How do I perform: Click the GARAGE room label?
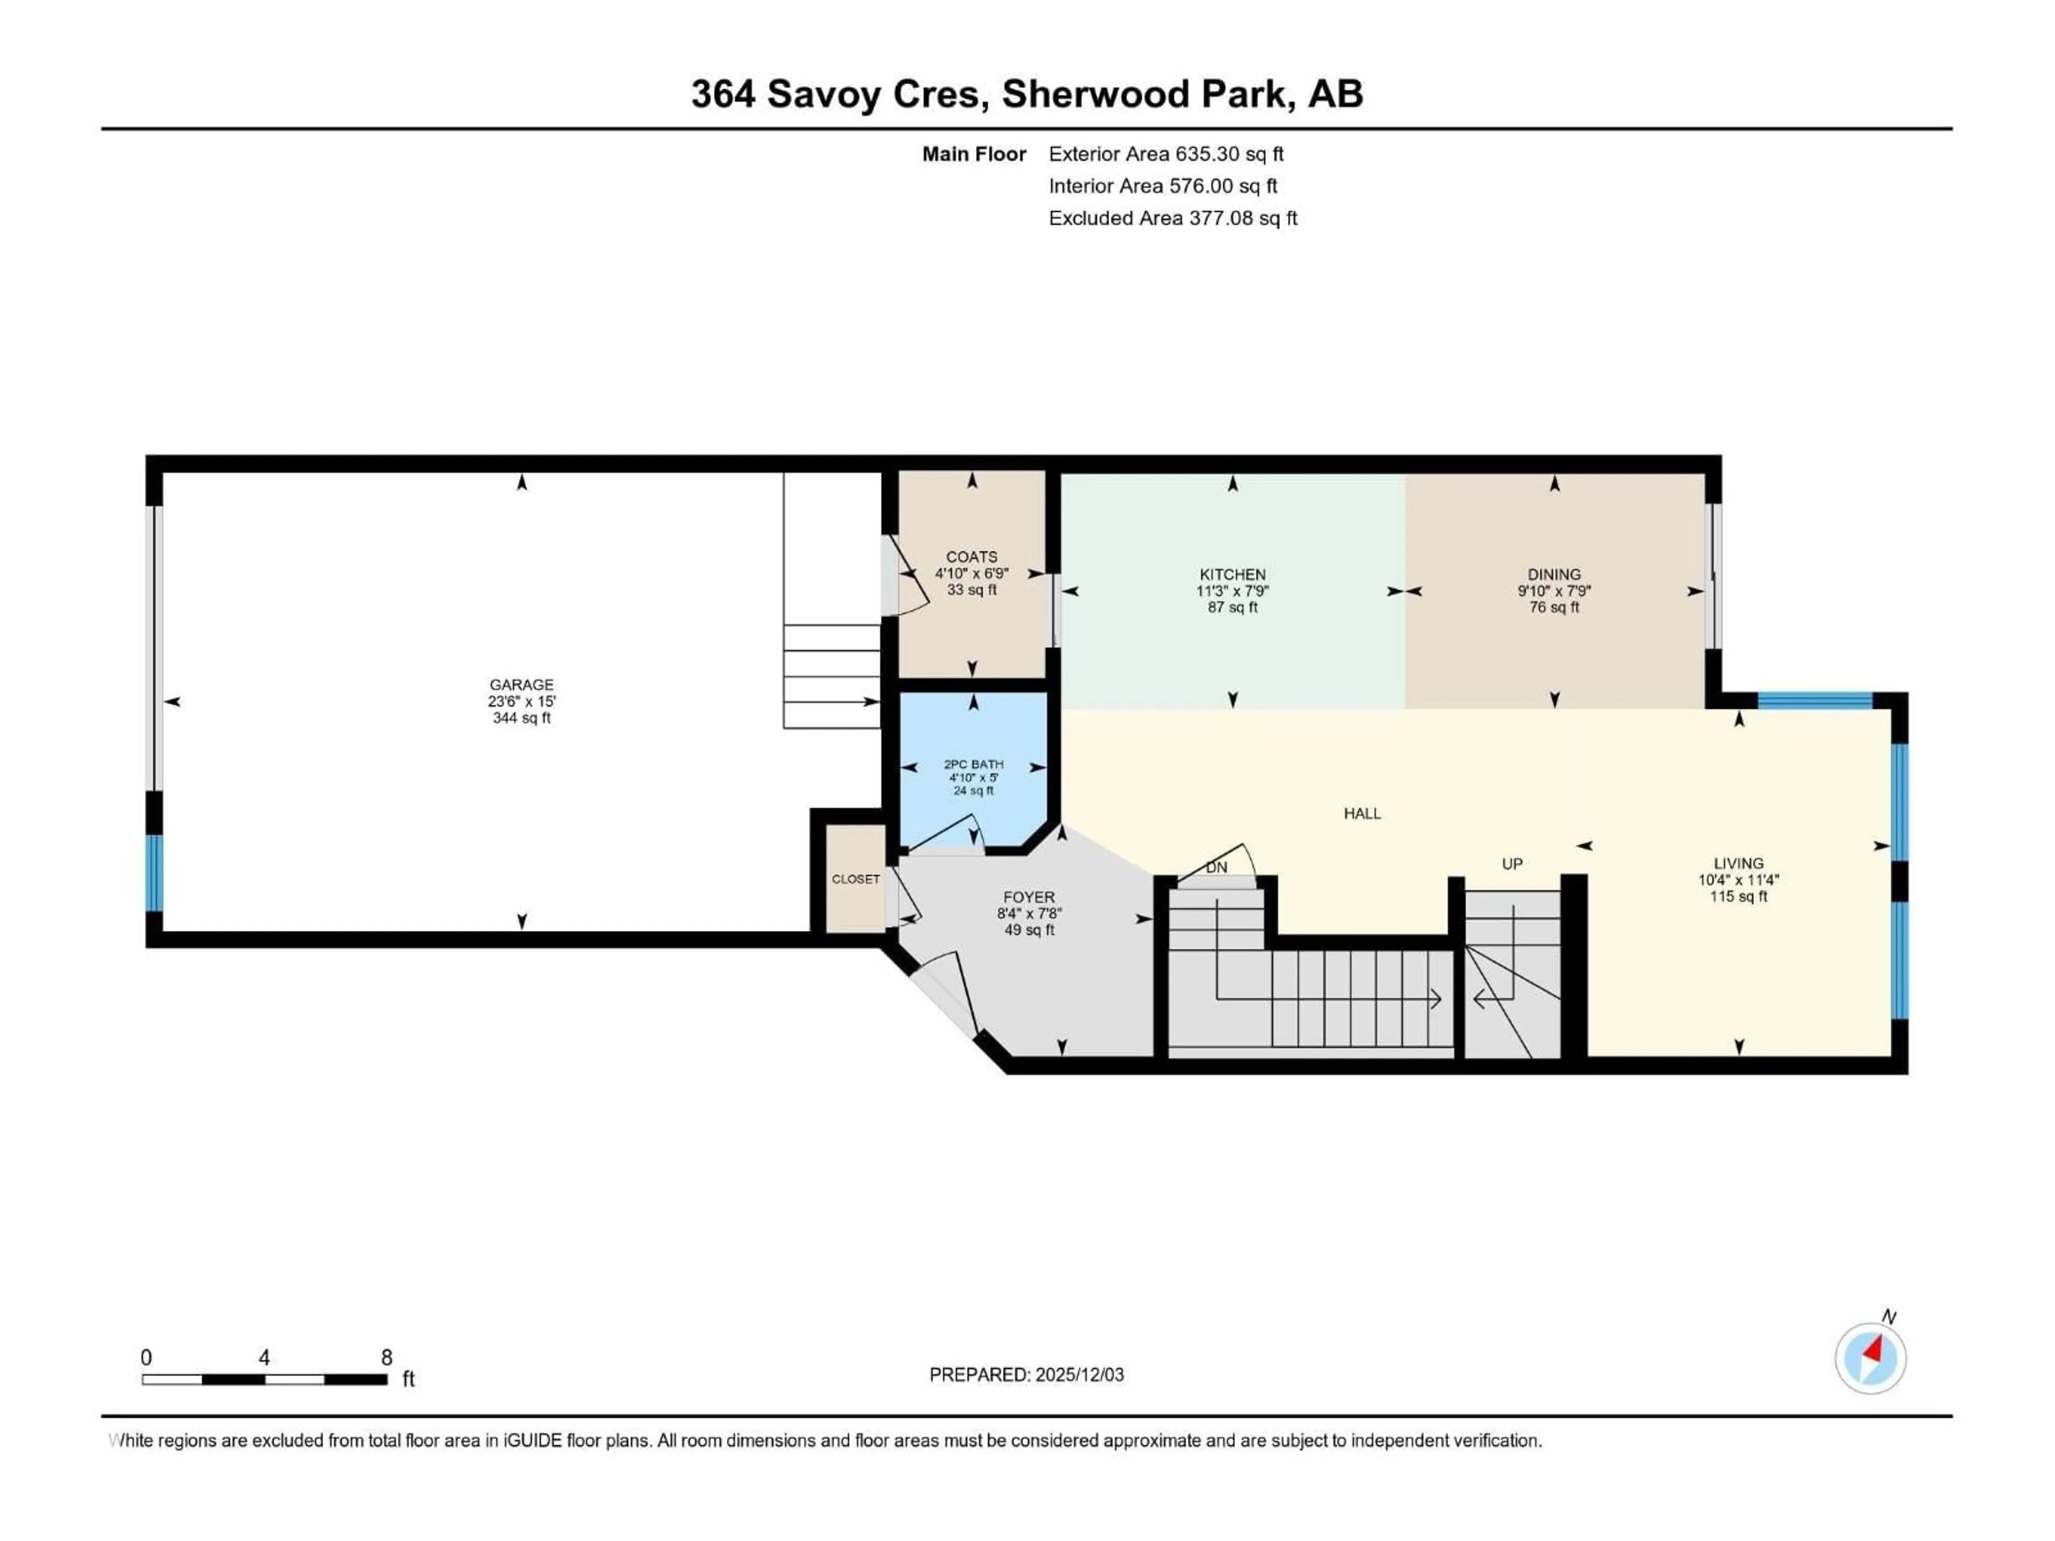point(521,684)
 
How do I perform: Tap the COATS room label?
point(972,556)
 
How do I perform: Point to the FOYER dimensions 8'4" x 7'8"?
point(1029,913)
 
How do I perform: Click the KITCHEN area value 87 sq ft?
point(1232,607)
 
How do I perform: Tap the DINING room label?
point(1554,574)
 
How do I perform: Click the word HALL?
point(1362,814)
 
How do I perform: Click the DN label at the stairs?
point(1216,867)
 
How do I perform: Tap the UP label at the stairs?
point(1511,864)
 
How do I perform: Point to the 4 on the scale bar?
point(265,1358)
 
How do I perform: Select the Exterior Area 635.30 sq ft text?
point(1166,154)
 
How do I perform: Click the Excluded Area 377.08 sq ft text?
point(1173,218)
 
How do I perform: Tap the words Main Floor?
point(973,154)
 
